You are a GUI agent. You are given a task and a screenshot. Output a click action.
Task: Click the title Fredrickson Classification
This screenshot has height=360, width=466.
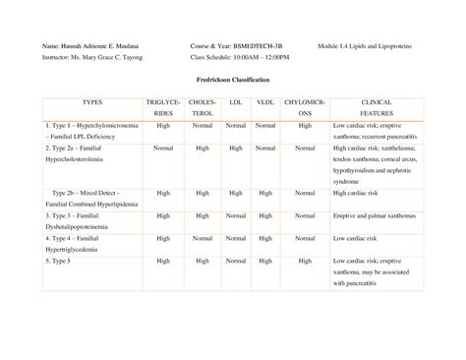pyautogui.click(x=232, y=79)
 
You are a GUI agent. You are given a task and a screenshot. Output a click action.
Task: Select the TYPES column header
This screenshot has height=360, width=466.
pyautogui.click(x=91, y=101)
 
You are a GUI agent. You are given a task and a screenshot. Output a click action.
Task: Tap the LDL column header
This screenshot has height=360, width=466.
pyautogui.click(x=235, y=101)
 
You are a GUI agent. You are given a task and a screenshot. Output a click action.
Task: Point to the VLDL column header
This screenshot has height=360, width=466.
pyautogui.click(x=264, y=101)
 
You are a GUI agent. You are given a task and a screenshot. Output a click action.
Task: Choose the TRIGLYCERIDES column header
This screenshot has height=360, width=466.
pyautogui.click(x=163, y=107)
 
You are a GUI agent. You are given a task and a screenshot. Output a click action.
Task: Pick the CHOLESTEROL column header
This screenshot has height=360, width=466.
pyautogui.click(x=203, y=107)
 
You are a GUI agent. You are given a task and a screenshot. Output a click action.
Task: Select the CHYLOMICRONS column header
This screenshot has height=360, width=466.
pyautogui.click(x=304, y=107)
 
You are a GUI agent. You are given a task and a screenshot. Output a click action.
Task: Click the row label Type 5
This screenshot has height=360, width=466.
pyautogui.click(x=64, y=261)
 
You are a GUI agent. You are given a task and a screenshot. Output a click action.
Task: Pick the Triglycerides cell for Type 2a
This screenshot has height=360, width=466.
pyautogui.click(x=163, y=148)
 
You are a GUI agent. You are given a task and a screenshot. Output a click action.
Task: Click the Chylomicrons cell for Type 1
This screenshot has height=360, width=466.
pyautogui.click(x=304, y=126)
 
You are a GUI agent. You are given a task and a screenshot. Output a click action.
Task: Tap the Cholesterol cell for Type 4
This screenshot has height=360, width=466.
pyautogui.click(x=203, y=237)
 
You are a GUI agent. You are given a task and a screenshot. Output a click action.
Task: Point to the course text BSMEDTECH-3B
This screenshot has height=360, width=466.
pyautogui.click(x=259, y=46)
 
